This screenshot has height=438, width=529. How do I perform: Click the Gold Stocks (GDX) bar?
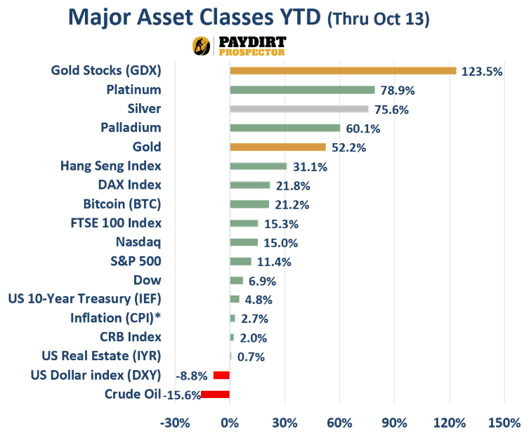(343, 70)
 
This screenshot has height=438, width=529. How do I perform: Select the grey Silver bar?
(299, 109)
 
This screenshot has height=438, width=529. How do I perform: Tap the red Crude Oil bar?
(215, 394)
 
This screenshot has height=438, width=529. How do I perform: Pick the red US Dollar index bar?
(221, 375)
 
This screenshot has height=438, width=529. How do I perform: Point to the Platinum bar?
(302, 90)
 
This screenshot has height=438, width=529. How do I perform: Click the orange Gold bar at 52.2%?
(277, 147)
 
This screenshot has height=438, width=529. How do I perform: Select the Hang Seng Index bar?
(258, 166)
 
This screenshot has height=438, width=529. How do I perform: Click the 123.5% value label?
(482, 72)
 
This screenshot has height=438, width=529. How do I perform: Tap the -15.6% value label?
(181, 395)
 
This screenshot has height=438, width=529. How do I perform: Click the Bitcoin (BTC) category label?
(122, 204)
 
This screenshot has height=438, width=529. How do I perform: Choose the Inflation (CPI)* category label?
(116, 318)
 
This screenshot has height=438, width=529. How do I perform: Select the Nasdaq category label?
(138, 242)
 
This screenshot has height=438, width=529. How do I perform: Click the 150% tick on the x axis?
(504, 423)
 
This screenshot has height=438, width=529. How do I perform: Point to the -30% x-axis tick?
(175, 423)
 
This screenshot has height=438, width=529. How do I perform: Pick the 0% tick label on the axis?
(230, 423)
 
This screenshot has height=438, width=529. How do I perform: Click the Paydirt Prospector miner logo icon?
(202, 46)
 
